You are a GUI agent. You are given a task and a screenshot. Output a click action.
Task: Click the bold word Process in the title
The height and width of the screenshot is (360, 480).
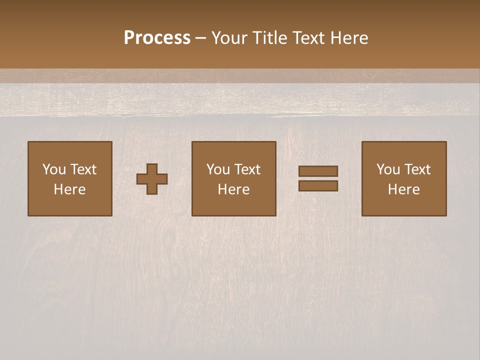click(157, 38)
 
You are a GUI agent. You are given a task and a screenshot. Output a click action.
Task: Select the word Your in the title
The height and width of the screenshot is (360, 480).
click(230, 38)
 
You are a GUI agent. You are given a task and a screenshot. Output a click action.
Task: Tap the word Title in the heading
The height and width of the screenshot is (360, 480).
click(270, 38)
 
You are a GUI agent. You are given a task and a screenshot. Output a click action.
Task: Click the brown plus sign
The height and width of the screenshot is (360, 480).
click(152, 178)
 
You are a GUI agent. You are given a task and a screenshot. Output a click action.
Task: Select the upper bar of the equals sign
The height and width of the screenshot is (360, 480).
click(318, 171)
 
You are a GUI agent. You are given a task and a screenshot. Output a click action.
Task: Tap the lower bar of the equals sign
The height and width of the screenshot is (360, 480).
click(318, 185)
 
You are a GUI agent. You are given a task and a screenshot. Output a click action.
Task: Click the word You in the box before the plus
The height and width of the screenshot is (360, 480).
click(54, 169)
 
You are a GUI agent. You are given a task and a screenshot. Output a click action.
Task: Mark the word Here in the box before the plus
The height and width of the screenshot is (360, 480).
click(69, 189)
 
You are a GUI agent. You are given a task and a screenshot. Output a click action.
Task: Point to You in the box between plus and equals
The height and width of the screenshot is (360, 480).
click(218, 169)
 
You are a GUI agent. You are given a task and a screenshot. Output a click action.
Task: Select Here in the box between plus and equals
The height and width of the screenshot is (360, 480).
click(233, 189)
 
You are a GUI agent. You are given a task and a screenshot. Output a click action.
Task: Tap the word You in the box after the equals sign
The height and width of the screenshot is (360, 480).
click(388, 169)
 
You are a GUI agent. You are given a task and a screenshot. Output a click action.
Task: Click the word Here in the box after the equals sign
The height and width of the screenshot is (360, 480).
click(403, 189)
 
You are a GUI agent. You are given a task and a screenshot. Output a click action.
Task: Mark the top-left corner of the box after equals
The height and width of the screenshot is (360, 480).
click(362, 142)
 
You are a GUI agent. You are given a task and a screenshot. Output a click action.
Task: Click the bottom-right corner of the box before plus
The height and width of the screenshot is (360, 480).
click(111, 215)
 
